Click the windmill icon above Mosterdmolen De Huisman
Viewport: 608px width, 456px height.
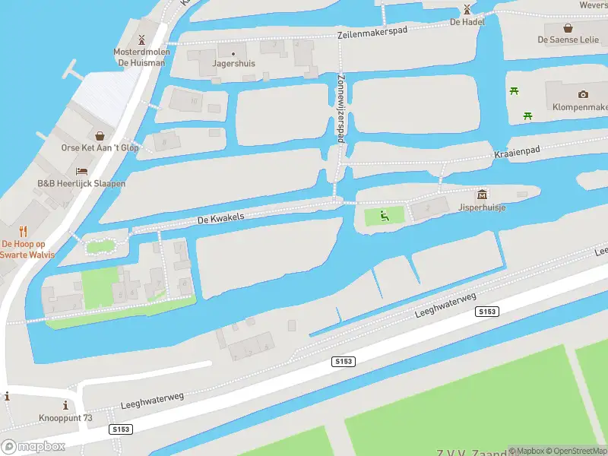pyautogui.click(x=141, y=40)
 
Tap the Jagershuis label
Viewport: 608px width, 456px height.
pyautogui.click(x=233, y=64)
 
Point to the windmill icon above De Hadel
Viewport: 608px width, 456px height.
pyautogui.click(x=467, y=10)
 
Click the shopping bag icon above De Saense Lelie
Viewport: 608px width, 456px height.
pyautogui.click(x=568, y=27)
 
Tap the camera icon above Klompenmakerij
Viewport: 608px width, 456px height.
pyautogui.click(x=583, y=94)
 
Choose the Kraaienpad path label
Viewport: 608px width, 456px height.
pyautogui.click(x=517, y=152)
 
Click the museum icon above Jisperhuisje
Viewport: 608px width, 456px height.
pyautogui.click(x=482, y=195)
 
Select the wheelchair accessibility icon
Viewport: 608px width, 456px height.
pyautogui.click(x=385, y=217)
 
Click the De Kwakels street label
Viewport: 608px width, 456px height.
pyautogui.click(x=220, y=218)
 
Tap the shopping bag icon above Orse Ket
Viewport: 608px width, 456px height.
pyautogui.click(x=100, y=136)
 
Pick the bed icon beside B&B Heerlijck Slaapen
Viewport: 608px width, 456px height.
pyautogui.click(x=81, y=171)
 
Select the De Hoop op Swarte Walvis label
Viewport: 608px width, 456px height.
pyautogui.click(x=28, y=249)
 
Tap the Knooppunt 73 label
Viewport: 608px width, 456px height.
pyautogui.click(x=65, y=418)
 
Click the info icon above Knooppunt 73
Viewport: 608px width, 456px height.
pyautogui.click(x=65, y=405)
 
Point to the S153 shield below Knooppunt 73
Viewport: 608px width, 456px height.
pyautogui.click(x=121, y=429)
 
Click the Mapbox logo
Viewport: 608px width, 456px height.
pyautogui.click(x=33, y=446)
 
